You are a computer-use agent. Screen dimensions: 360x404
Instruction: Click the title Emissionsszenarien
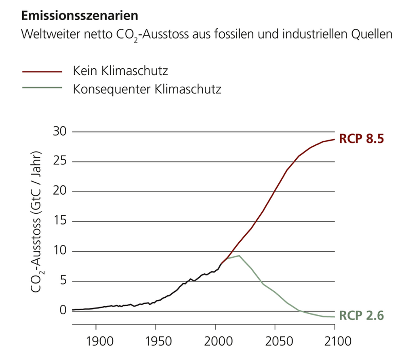(x=79, y=16)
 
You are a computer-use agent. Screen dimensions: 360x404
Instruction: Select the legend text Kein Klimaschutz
(x=120, y=71)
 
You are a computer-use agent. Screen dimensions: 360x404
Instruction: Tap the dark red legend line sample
(x=42, y=72)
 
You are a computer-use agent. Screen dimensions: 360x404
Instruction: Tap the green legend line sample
(x=42, y=88)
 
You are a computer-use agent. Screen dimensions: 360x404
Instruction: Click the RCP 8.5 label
(x=361, y=139)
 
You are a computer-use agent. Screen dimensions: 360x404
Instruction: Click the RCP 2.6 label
(x=361, y=315)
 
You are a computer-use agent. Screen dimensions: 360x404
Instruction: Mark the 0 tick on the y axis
(x=62, y=310)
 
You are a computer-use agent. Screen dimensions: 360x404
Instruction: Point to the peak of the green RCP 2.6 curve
(x=239, y=255)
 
